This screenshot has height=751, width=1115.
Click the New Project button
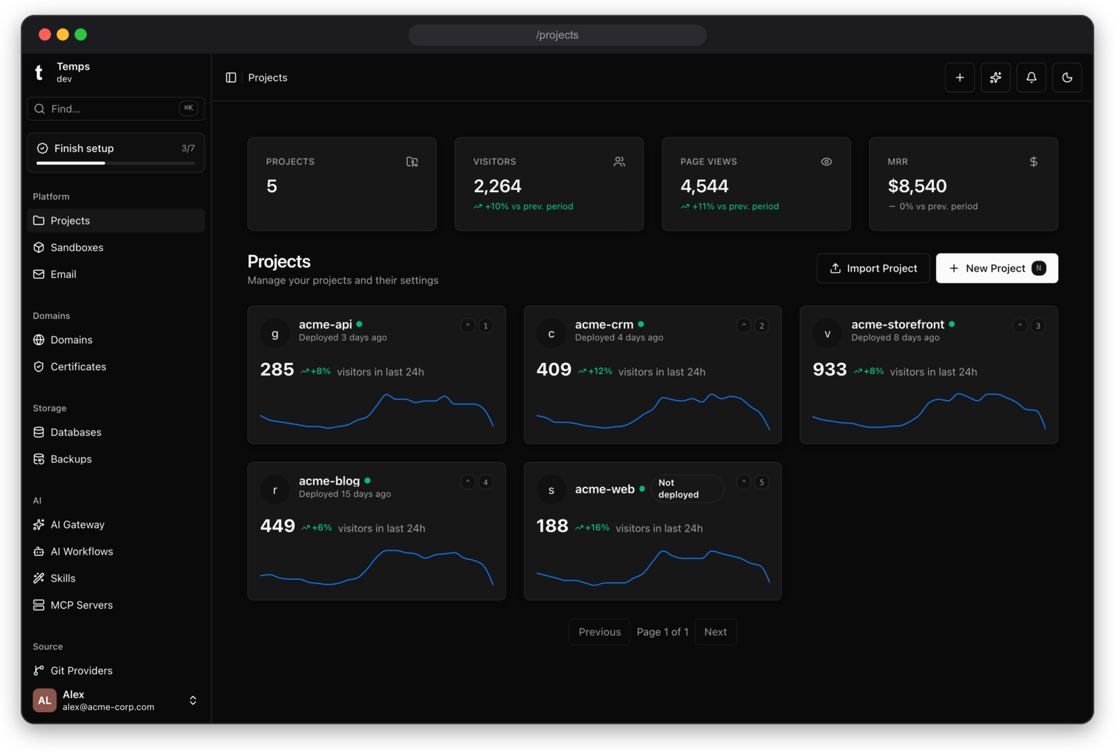tap(997, 268)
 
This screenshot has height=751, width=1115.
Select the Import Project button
tap(873, 268)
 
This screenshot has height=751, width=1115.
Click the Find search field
tap(116, 109)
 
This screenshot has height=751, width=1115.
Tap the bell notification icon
tap(1031, 77)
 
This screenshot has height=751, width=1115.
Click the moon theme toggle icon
tap(1067, 77)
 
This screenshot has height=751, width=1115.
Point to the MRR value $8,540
tap(917, 186)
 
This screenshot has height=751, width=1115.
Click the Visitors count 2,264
tap(498, 186)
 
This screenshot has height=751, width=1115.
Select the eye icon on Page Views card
tap(826, 162)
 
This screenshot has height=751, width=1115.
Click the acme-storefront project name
tap(898, 325)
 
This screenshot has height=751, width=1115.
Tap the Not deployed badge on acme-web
tap(687, 489)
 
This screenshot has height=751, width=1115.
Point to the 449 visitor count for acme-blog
tap(278, 526)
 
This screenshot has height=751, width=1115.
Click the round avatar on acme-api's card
tap(275, 333)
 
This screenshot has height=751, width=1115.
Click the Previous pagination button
tap(599, 632)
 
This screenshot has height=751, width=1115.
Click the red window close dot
tap(45, 34)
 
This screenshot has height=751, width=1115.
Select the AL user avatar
tap(45, 700)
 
